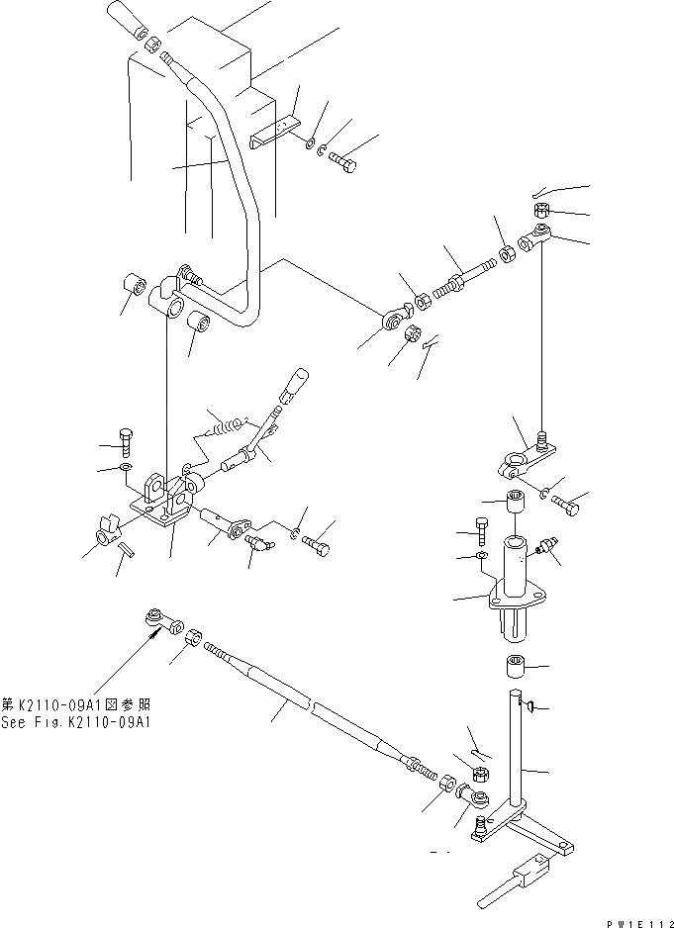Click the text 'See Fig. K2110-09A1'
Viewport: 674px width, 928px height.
pos(75,720)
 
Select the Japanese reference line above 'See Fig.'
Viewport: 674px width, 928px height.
pos(75,704)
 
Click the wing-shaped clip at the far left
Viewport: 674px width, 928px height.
pos(104,535)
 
